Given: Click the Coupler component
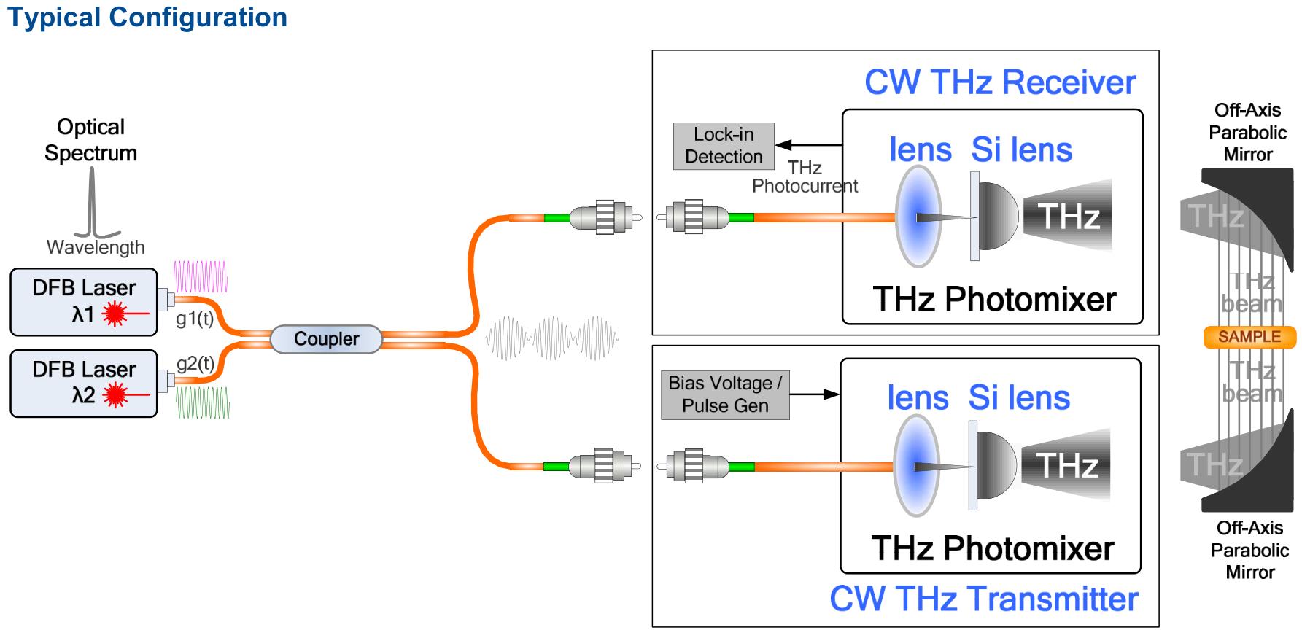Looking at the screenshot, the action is [326, 339].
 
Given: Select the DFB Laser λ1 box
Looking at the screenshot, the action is [84, 302].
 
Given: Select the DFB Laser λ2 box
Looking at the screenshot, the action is [84, 384].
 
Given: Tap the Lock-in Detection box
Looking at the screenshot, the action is [724, 146].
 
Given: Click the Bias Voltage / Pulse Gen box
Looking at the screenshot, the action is [725, 395].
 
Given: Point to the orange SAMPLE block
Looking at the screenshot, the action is [1249, 337].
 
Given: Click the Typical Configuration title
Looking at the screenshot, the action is [147, 17].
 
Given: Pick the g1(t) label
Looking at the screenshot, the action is [195, 319].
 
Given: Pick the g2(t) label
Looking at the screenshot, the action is [195, 363].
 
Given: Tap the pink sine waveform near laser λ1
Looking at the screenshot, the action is [201, 277].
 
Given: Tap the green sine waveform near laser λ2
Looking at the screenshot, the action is [203, 402].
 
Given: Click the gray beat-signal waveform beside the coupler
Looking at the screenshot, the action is [552, 338].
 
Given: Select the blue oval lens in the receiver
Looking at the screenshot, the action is [918, 217].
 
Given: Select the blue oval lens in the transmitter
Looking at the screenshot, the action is [917, 465].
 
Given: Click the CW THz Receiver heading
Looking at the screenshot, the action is [1000, 82].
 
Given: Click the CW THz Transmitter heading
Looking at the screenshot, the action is [984, 599].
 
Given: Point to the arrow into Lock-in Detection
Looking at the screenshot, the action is [808, 145].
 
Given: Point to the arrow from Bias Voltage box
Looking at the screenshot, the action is [815, 394].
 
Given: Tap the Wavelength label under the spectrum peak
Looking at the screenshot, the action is [96, 247].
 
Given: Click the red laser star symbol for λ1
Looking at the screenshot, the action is [115, 314].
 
